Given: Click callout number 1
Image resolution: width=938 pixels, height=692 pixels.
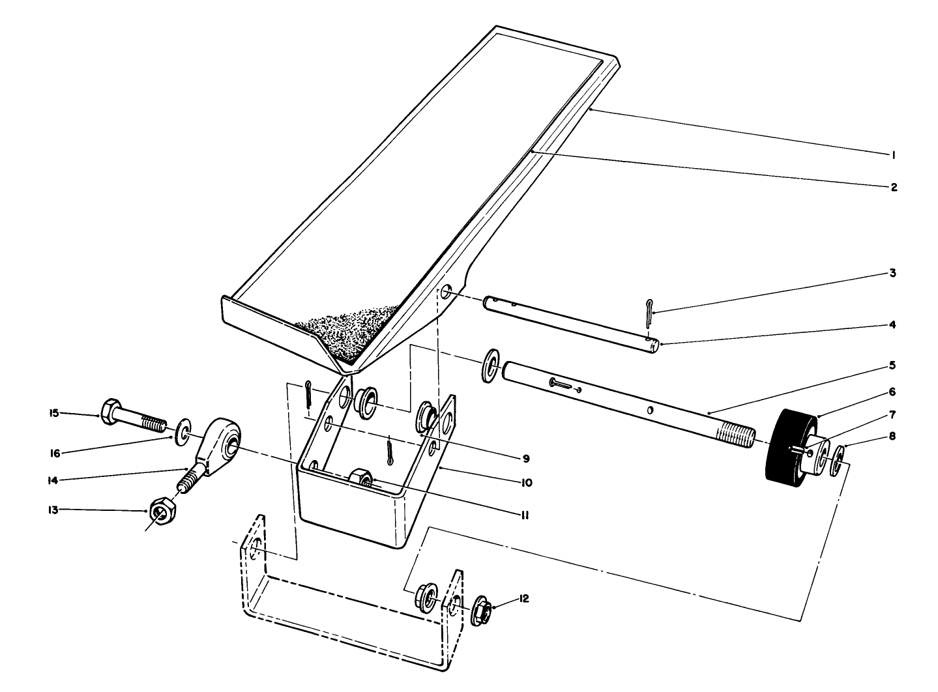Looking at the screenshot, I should [892, 154].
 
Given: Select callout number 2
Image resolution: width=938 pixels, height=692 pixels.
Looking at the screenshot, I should [893, 187].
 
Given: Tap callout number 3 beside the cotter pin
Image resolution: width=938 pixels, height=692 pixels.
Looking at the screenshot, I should [892, 273].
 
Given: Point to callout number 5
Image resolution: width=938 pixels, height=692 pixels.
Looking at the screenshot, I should [893, 366].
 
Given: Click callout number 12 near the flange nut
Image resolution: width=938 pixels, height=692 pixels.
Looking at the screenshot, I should [524, 598].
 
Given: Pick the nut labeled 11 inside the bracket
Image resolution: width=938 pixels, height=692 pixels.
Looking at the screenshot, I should [360, 478].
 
